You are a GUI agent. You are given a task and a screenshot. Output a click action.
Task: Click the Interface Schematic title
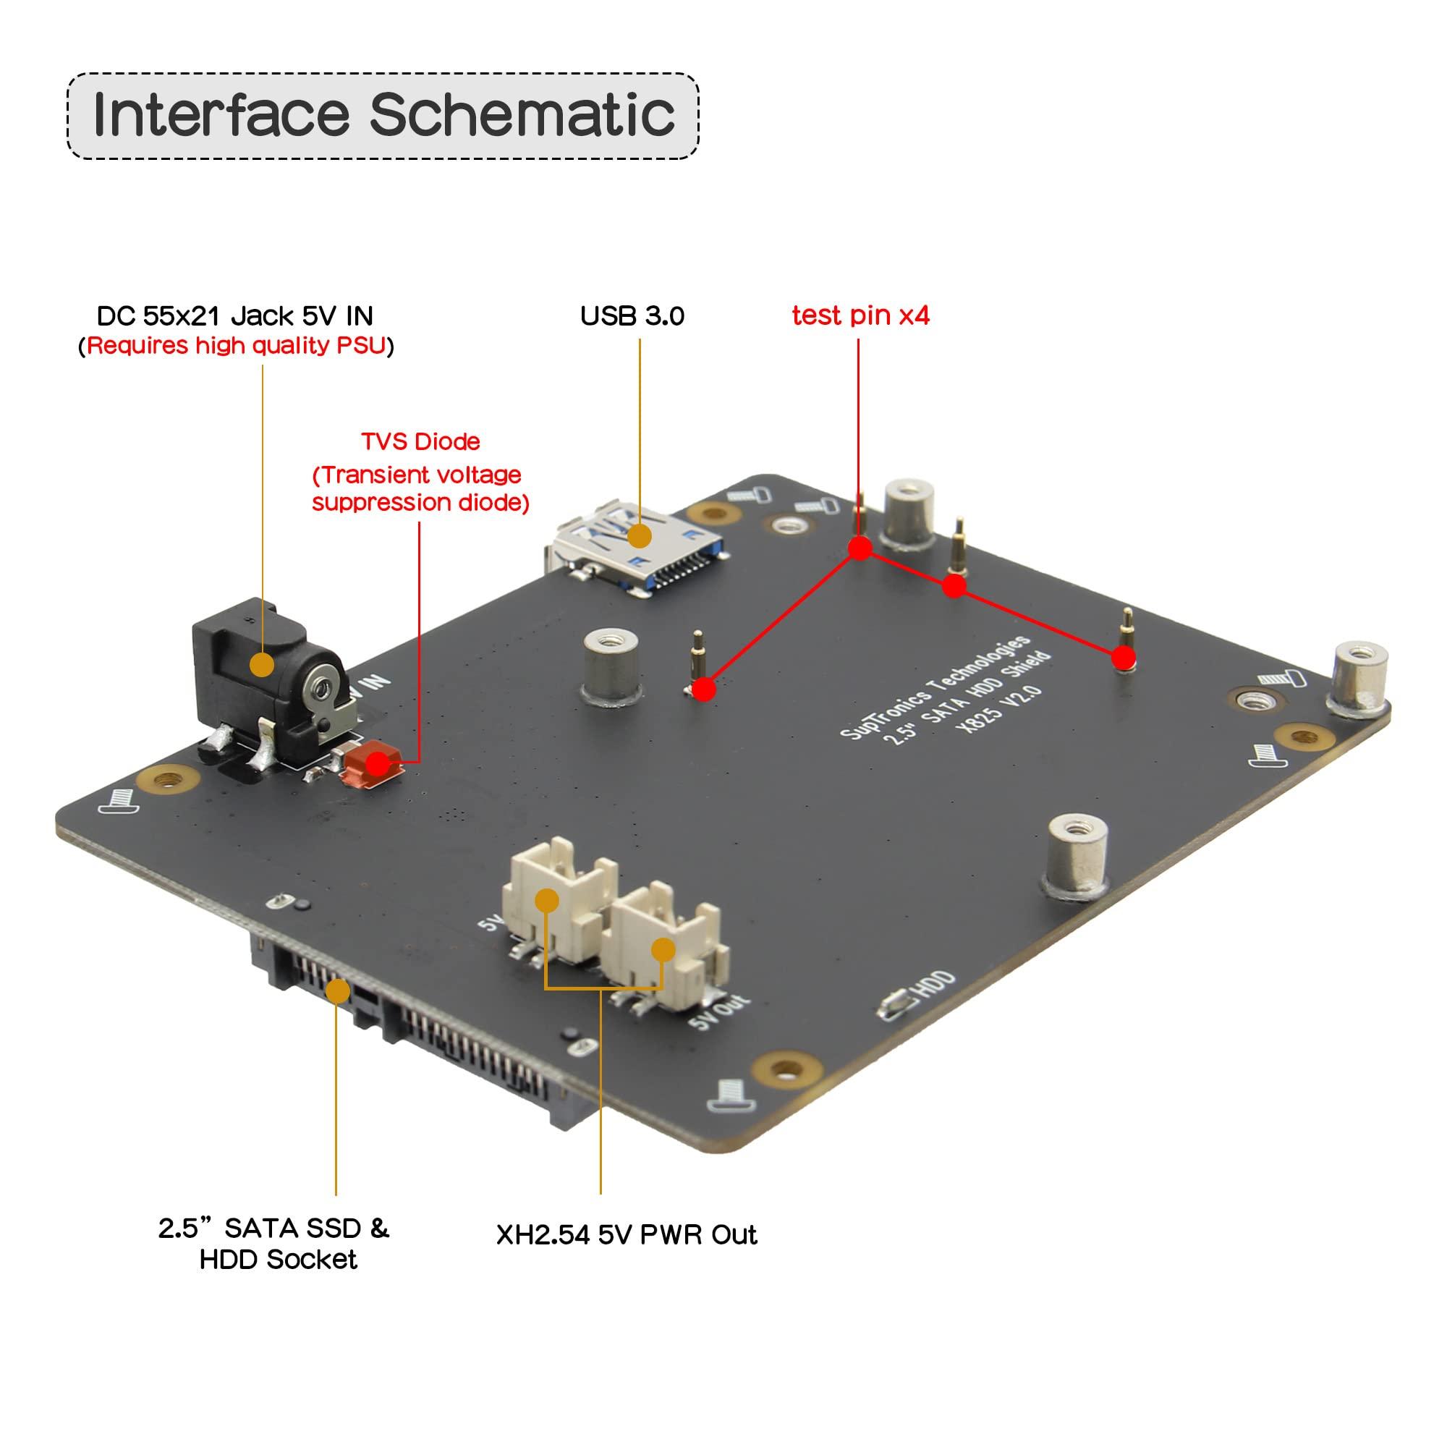click(383, 115)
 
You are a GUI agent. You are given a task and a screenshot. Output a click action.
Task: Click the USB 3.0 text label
click(632, 315)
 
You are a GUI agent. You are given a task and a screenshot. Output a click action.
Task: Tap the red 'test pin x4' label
click(860, 315)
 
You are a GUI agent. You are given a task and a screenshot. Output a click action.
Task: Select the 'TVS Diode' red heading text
click(420, 441)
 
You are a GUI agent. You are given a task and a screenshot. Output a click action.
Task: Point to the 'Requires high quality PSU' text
click(236, 345)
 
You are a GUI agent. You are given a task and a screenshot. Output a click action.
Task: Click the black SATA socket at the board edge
click(420, 1026)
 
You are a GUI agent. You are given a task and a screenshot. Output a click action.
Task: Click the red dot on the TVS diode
click(378, 764)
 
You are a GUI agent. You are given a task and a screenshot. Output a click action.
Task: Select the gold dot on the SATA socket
click(339, 992)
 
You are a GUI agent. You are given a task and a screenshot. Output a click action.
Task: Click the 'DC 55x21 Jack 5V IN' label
click(234, 315)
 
